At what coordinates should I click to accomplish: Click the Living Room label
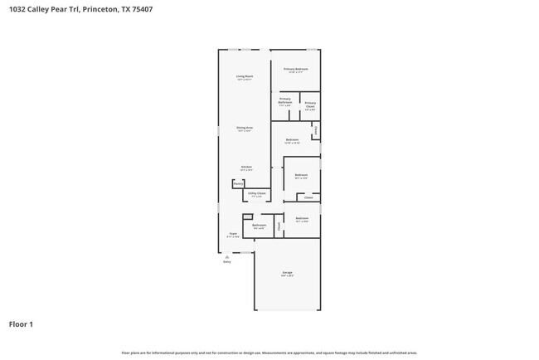(x=245, y=76)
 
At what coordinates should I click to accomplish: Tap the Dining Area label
(x=245, y=128)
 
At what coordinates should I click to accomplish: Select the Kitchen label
(x=246, y=167)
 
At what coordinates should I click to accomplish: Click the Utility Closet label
(x=257, y=193)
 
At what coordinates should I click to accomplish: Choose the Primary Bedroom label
(x=296, y=69)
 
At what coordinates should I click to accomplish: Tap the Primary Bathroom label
(x=285, y=100)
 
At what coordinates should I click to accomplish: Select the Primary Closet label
(x=309, y=105)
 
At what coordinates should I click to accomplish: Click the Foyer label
(x=234, y=234)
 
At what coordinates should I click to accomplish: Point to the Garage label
(x=287, y=272)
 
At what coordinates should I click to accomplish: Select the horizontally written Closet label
(x=308, y=197)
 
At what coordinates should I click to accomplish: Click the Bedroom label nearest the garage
(x=301, y=219)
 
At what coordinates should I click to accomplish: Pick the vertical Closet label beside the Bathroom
(x=279, y=224)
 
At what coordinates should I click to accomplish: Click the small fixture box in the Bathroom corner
(x=247, y=217)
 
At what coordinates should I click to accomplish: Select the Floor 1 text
(x=21, y=324)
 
